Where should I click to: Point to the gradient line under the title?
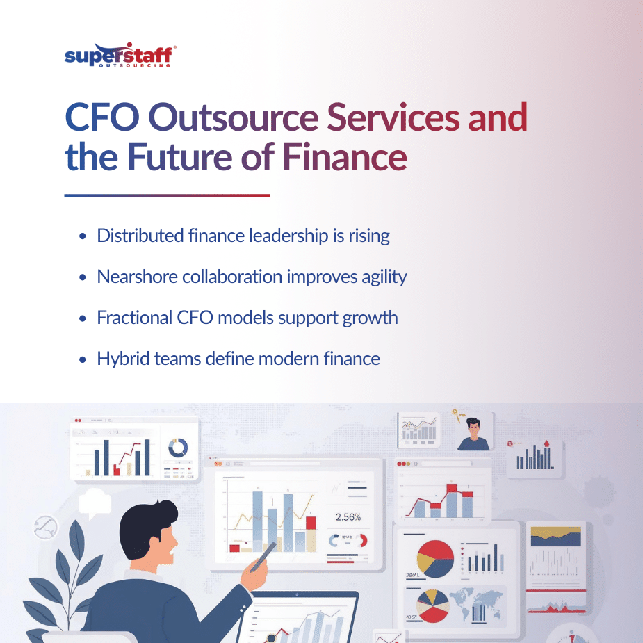coord(167,195)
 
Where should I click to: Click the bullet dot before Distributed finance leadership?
coord(83,236)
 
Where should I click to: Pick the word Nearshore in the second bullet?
coord(136,277)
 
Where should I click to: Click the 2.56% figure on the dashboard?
coord(348,517)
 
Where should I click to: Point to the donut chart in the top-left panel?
coord(178,447)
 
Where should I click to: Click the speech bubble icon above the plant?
coord(96,500)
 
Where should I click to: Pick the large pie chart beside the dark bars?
coord(435,558)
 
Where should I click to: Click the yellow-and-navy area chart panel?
coord(555,536)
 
